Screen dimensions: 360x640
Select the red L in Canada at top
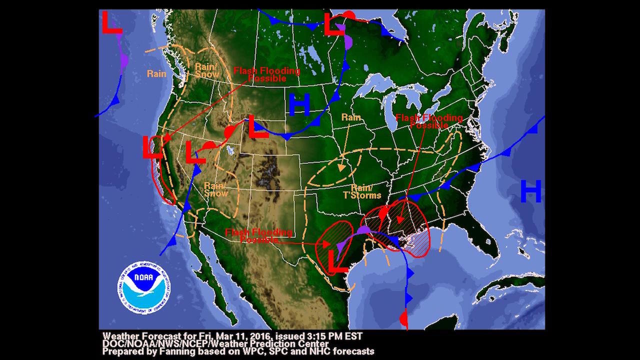click(x=334, y=24)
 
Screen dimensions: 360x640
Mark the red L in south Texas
click(x=337, y=261)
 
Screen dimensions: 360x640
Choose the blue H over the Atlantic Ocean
click(x=530, y=191)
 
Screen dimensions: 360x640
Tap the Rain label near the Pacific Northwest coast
click(x=156, y=73)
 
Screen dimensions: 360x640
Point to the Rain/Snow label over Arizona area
click(x=216, y=189)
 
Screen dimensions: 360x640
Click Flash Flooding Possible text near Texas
click(x=258, y=236)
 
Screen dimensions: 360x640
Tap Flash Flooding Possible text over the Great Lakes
click(x=429, y=121)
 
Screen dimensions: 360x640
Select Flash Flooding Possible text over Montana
click(x=267, y=74)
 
